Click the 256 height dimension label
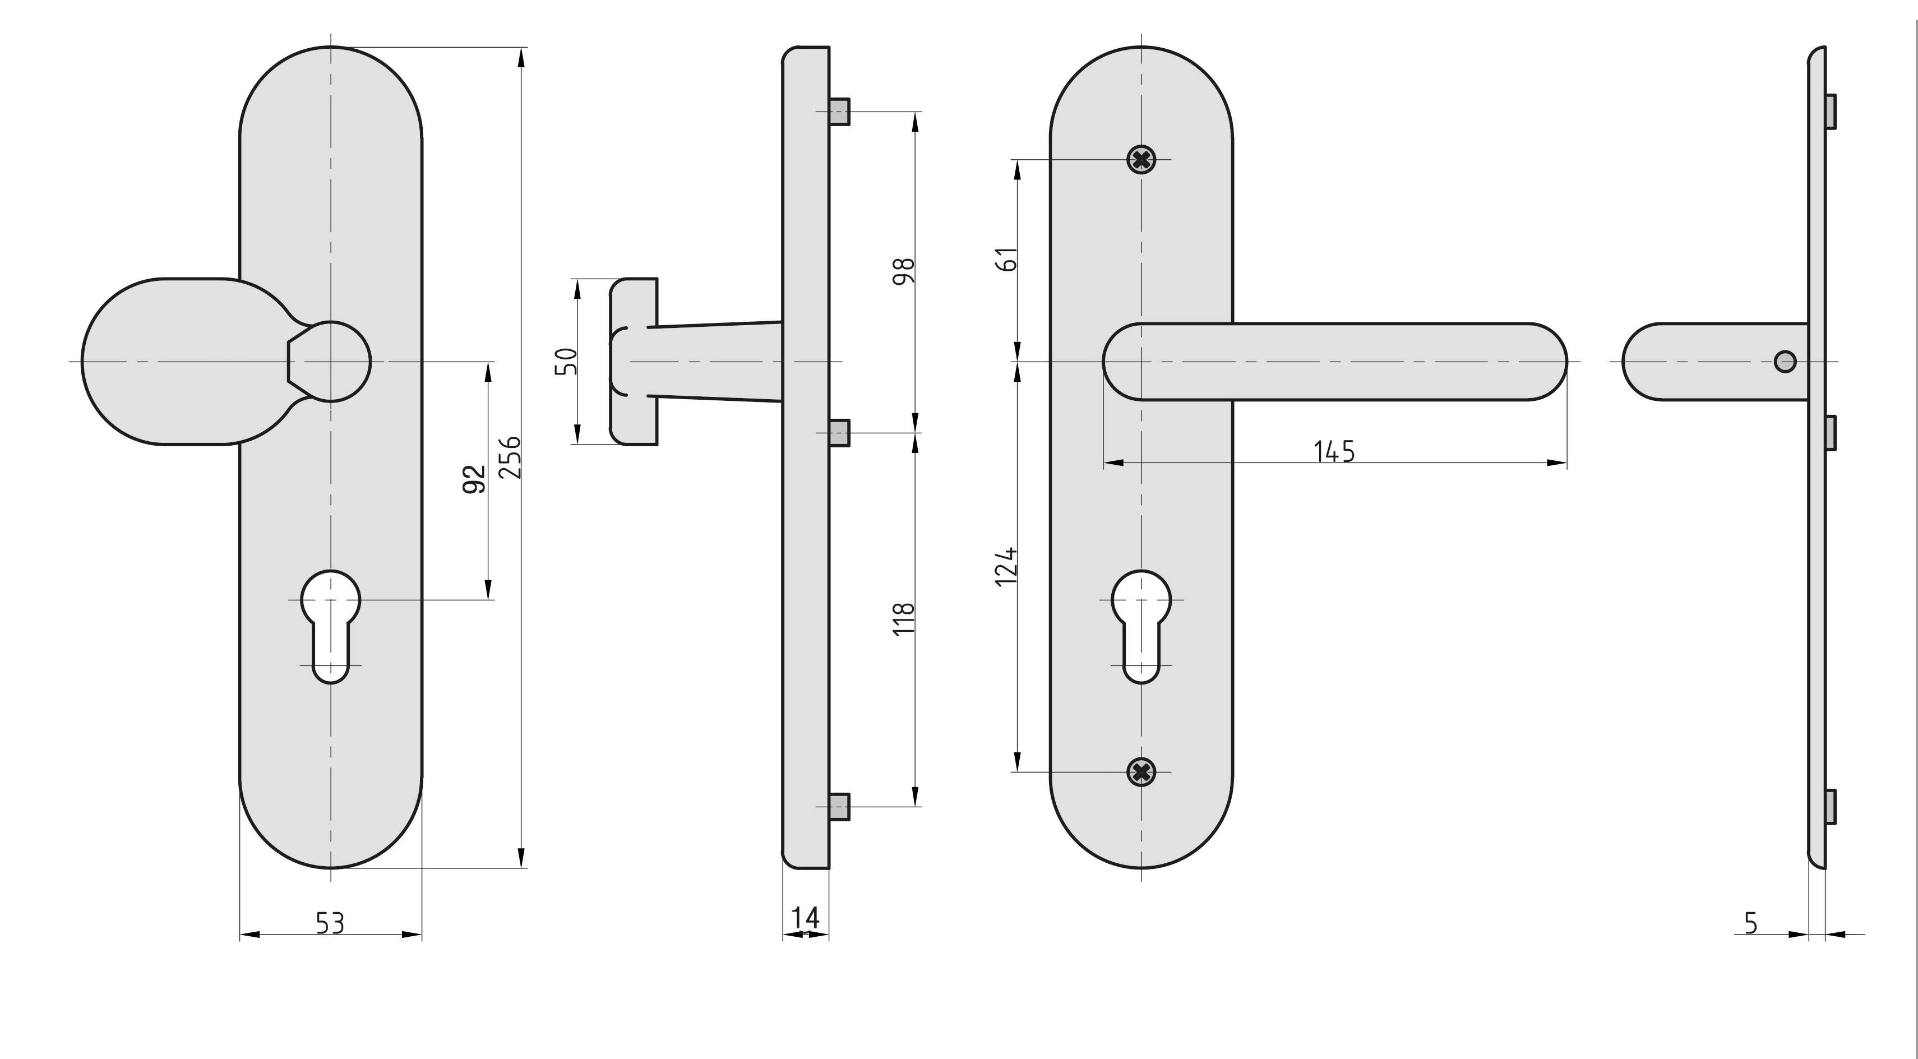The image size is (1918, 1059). [510, 457]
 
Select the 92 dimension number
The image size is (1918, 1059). [475, 478]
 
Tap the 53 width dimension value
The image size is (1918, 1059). [331, 923]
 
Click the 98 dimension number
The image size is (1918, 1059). [903, 271]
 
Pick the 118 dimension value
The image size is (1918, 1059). [903, 619]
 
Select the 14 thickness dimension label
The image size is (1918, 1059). [806, 918]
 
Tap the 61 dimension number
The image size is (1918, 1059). [1006, 258]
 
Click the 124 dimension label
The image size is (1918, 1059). [1006, 567]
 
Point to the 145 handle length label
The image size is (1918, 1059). [1334, 451]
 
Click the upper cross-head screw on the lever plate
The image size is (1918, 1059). [1141, 159]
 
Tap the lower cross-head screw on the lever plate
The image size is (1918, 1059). [1141, 773]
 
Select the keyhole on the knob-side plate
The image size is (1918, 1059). [331, 626]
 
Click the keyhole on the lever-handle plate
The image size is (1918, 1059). [1141, 626]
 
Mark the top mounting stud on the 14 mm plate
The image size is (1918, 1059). [839, 112]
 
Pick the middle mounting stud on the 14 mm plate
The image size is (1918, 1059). [839, 433]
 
